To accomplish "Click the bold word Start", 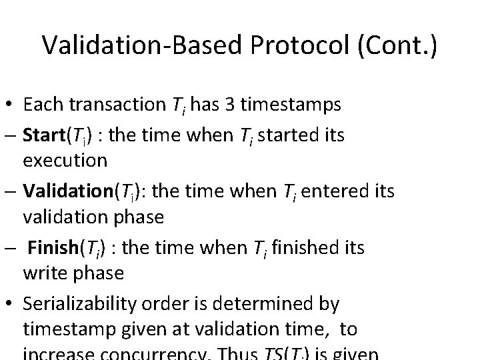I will [44, 136].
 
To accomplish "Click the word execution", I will [64, 160].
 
